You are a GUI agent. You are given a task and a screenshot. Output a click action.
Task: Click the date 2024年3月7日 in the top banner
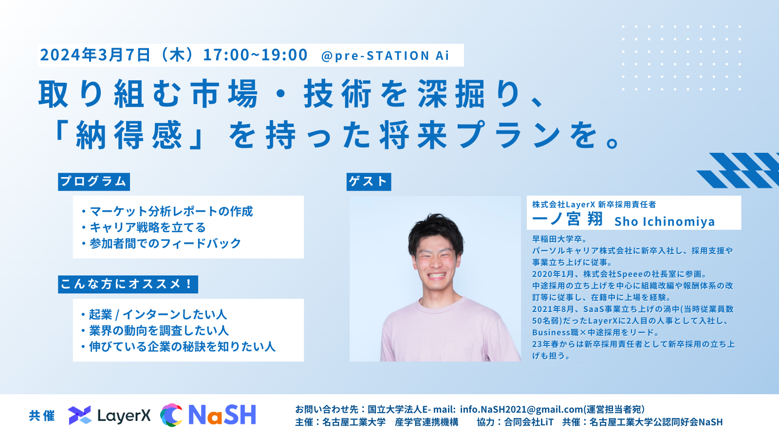click(x=95, y=55)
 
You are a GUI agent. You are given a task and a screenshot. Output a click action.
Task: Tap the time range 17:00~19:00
click(x=255, y=55)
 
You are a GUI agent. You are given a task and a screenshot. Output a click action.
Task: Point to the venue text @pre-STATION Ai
click(x=385, y=55)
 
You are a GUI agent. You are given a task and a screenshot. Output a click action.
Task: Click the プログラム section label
click(x=94, y=182)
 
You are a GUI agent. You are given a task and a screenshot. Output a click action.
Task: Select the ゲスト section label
click(x=369, y=182)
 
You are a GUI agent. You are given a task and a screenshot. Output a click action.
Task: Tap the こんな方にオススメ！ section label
click(x=128, y=284)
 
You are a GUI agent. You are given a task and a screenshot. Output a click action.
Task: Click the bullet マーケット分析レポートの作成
click(x=167, y=211)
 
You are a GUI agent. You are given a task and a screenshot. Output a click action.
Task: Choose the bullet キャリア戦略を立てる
click(x=143, y=227)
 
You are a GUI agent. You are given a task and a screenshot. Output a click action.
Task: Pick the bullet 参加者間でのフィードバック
click(x=161, y=243)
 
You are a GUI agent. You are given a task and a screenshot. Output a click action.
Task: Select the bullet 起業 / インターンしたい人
click(x=154, y=314)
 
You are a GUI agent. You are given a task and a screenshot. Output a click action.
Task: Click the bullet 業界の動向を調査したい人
click(x=155, y=330)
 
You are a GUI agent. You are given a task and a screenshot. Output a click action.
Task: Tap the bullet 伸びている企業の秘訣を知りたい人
click(x=178, y=347)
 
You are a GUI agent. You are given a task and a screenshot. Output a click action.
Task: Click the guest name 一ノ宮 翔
click(x=568, y=219)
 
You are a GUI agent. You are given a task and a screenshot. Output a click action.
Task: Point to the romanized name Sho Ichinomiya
click(x=665, y=221)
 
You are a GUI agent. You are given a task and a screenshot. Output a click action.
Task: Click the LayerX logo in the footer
click(x=109, y=415)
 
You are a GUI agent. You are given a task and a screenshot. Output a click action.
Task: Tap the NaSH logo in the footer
click(x=208, y=415)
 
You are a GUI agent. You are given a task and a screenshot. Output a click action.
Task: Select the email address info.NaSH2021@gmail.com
click(x=521, y=409)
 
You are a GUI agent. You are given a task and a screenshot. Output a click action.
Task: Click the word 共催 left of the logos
click(x=42, y=416)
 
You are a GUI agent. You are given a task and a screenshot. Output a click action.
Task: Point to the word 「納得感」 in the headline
click(x=129, y=135)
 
